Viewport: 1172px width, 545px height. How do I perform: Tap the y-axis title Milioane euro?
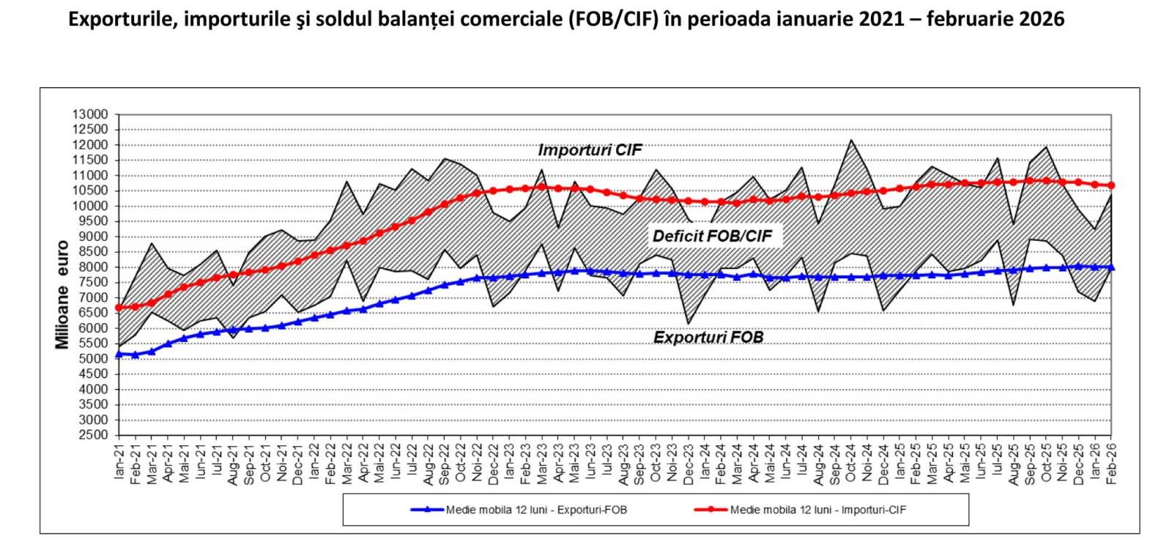(x=62, y=294)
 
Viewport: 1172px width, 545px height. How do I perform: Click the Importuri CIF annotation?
(x=590, y=150)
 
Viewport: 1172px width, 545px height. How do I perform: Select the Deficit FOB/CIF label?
(x=712, y=236)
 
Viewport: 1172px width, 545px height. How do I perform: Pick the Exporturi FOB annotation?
(x=708, y=338)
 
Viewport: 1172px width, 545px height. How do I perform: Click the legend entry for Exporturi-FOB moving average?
(x=535, y=509)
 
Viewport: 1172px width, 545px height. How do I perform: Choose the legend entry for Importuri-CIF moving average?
(x=817, y=509)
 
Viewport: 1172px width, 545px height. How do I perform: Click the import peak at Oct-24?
(x=851, y=140)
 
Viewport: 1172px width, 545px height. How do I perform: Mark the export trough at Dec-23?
(x=689, y=324)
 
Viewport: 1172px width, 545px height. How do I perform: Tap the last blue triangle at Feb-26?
(x=1111, y=267)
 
